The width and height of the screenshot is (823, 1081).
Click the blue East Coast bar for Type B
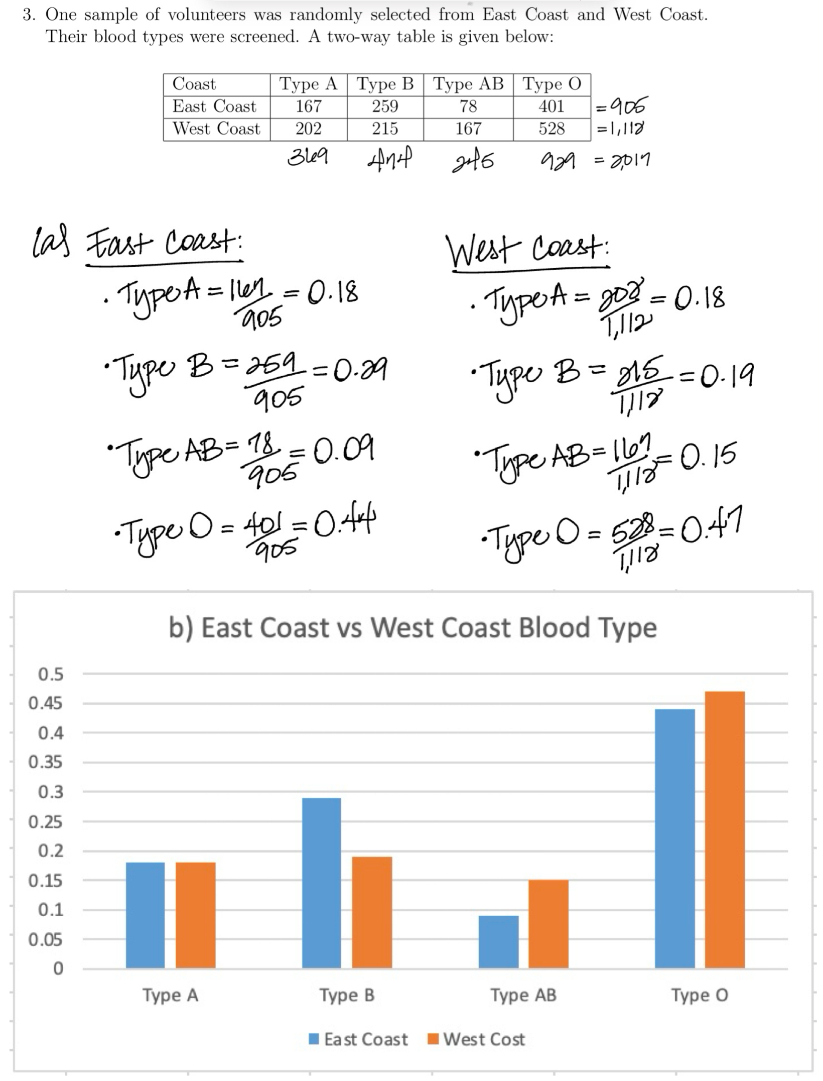coord(321,883)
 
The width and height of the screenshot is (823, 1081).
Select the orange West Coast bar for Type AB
coord(548,924)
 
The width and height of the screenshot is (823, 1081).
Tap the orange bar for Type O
coord(725,829)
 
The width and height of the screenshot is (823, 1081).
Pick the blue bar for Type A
coord(145,915)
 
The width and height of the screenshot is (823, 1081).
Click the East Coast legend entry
coord(359,1039)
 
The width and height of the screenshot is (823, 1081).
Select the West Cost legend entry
coord(477,1039)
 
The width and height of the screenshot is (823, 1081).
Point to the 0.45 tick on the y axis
coord(45,703)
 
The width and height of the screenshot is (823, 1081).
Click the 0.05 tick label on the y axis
coord(45,939)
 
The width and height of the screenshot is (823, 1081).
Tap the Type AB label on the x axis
coord(523,995)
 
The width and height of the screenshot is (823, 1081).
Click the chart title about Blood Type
coord(413,628)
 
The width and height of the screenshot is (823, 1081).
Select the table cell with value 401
coord(552,106)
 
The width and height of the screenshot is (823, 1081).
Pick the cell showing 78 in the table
coord(468,106)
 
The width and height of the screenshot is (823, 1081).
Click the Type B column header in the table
coord(385,84)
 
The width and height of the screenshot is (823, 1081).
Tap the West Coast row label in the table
coord(216,129)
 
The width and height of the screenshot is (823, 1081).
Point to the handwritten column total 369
coord(308,158)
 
